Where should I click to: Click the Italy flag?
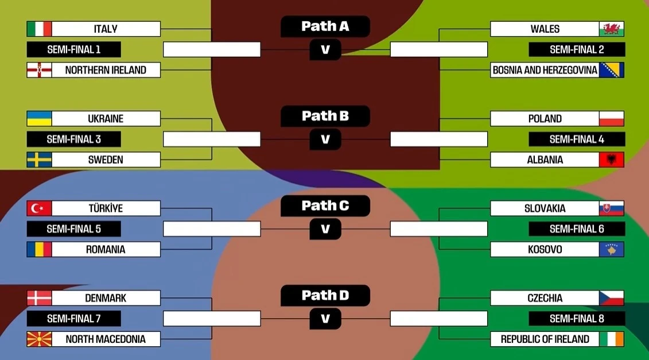(39, 29)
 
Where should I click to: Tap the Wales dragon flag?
(611, 29)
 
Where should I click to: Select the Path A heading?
(325, 26)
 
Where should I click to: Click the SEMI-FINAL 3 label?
(73, 139)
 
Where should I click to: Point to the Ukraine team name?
(106, 119)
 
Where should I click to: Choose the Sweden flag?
(39, 160)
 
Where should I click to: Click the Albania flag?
(611, 160)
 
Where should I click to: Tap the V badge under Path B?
(325, 140)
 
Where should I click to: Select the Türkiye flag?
(39, 208)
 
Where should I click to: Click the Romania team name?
(106, 250)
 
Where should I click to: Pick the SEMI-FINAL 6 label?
(577, 229)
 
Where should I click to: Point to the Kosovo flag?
(611, 249)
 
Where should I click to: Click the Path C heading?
(325, 206)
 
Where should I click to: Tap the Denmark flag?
(39, 298)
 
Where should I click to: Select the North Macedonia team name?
(106, 339)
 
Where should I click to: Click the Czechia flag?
(611, 298)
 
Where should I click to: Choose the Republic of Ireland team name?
(545, 339)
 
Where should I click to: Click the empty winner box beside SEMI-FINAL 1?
(212, 49)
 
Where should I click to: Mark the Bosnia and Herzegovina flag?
(611, 70)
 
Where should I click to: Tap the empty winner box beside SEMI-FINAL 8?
(438, 319)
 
